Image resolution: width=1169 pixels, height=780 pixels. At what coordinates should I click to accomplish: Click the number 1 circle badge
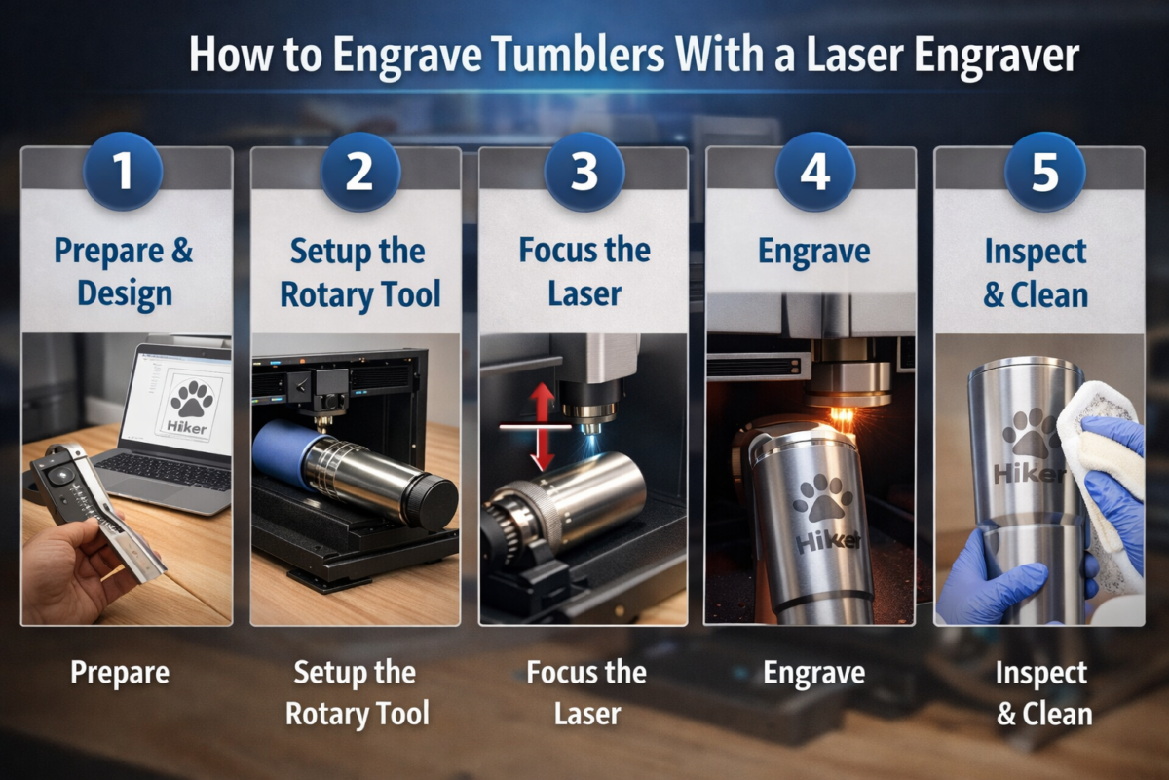[x=123, y=171]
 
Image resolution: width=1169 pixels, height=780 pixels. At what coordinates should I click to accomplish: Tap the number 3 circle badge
[x=584, y=171]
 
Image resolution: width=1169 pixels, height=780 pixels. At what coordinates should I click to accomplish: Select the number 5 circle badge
[x=1045, y=171]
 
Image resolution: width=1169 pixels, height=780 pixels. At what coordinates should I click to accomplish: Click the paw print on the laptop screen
[x=193, y=399]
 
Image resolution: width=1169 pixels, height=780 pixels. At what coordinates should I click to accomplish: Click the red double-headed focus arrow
[x=542, y=426]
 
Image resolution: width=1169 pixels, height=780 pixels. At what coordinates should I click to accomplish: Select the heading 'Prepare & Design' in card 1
[x=124, y=272]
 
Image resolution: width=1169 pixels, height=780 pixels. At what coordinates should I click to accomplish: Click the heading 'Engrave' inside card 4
[x=813, y=252]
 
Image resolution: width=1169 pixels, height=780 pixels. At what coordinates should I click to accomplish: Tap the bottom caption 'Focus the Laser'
[x=586, y=693]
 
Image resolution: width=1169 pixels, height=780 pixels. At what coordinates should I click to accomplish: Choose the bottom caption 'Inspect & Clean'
[x=1043, y=693]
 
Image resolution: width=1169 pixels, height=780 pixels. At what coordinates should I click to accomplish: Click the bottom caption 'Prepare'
[x=120, y=673]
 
